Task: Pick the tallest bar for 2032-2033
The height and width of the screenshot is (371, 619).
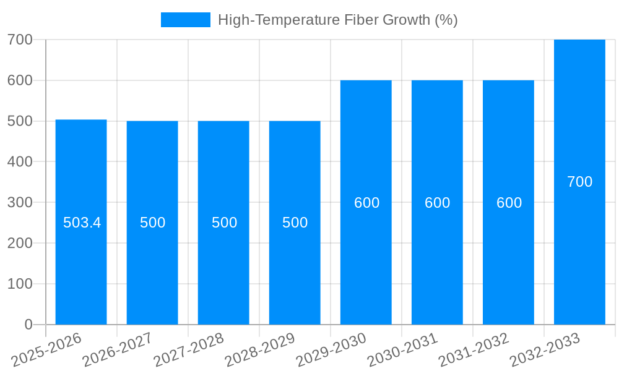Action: tap(579, 247)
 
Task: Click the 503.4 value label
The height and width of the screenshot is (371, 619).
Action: tap(82, 223)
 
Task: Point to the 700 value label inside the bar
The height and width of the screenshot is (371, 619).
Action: tap(579, 182)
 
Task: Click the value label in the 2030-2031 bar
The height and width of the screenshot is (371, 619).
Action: tap(437, 203)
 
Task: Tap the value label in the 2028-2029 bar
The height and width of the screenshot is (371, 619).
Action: tap(295, 223)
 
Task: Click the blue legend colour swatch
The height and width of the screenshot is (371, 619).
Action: tap(185, 20)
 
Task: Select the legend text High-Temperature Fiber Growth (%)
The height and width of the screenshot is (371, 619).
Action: tap(337, 20)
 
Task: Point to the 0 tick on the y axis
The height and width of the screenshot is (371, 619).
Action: tap(28, 325)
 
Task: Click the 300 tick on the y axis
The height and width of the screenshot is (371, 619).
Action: tap(20, 202)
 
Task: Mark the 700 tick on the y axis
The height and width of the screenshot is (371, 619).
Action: tap(20, 40)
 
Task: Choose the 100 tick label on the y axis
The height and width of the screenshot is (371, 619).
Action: tap(20, 284)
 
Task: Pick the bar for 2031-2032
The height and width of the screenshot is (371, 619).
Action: tap(508, 266)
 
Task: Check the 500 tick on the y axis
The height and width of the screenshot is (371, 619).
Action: tap(20, 121)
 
